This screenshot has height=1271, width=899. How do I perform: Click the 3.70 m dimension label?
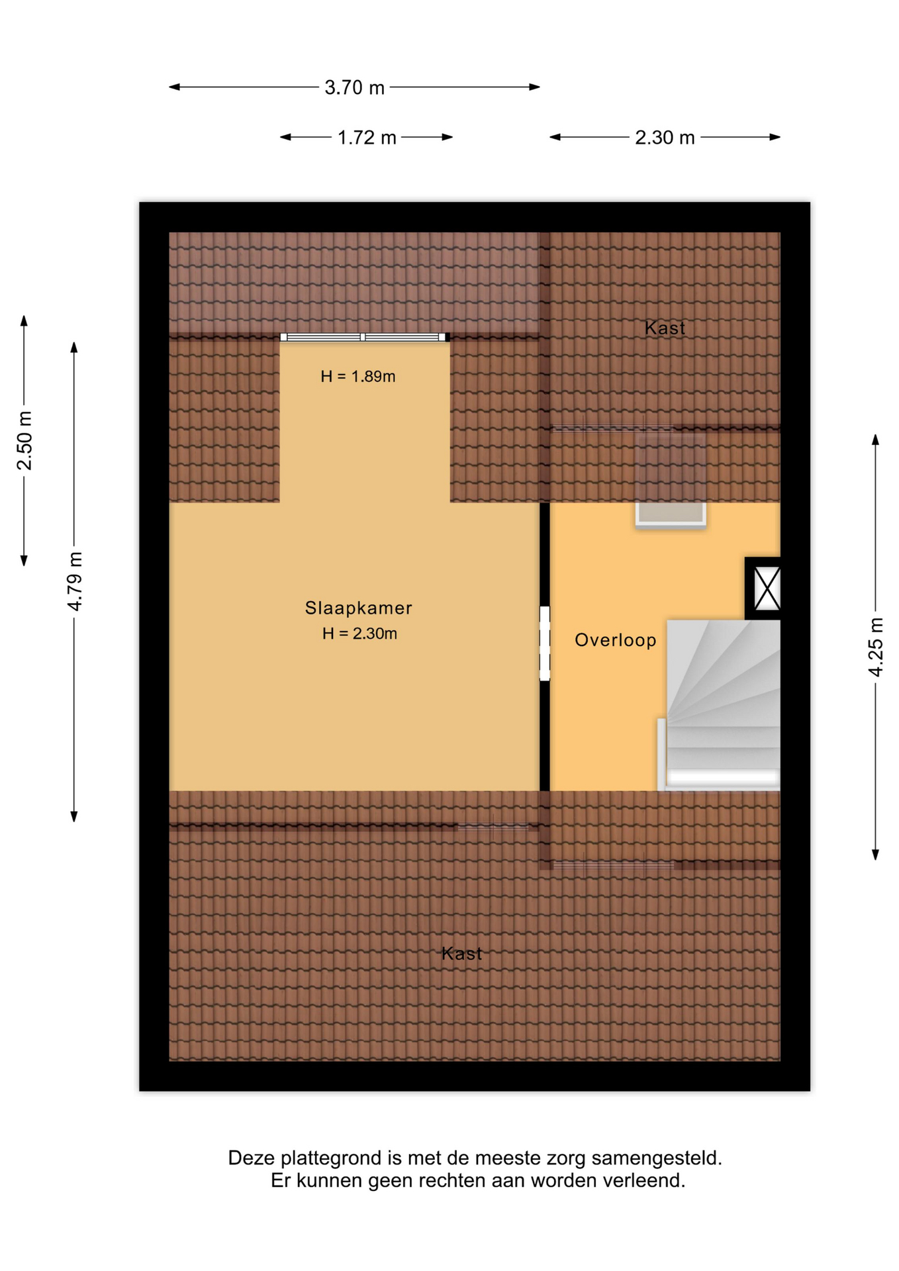point(354,87)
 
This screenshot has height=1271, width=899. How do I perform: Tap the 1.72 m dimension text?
point(367,138)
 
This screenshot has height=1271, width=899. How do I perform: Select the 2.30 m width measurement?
point(665,138)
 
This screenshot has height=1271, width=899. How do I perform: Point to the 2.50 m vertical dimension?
point(24,440)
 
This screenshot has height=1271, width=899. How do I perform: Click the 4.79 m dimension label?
point(75,581)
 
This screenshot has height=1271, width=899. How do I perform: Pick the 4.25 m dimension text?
point(875,647)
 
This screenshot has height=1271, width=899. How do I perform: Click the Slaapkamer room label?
point(358,608)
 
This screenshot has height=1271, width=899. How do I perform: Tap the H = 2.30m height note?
point(359,634)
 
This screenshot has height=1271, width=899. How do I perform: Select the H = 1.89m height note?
point(358,377)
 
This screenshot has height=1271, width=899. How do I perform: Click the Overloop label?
point(616,640)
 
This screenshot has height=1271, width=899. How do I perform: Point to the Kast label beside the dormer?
point(665,328)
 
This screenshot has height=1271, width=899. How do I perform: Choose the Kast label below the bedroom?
point(461,953)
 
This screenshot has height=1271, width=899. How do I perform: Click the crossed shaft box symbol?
point(767,588)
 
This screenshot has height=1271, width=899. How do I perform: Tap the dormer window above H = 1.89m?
point(363,337)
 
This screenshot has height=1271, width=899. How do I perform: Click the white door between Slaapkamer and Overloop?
point(545,643)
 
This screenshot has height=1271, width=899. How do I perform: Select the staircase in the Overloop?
point(723,705)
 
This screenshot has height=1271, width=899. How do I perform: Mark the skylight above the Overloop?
point(671,481)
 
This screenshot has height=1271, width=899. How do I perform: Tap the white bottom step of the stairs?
point(722,778)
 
